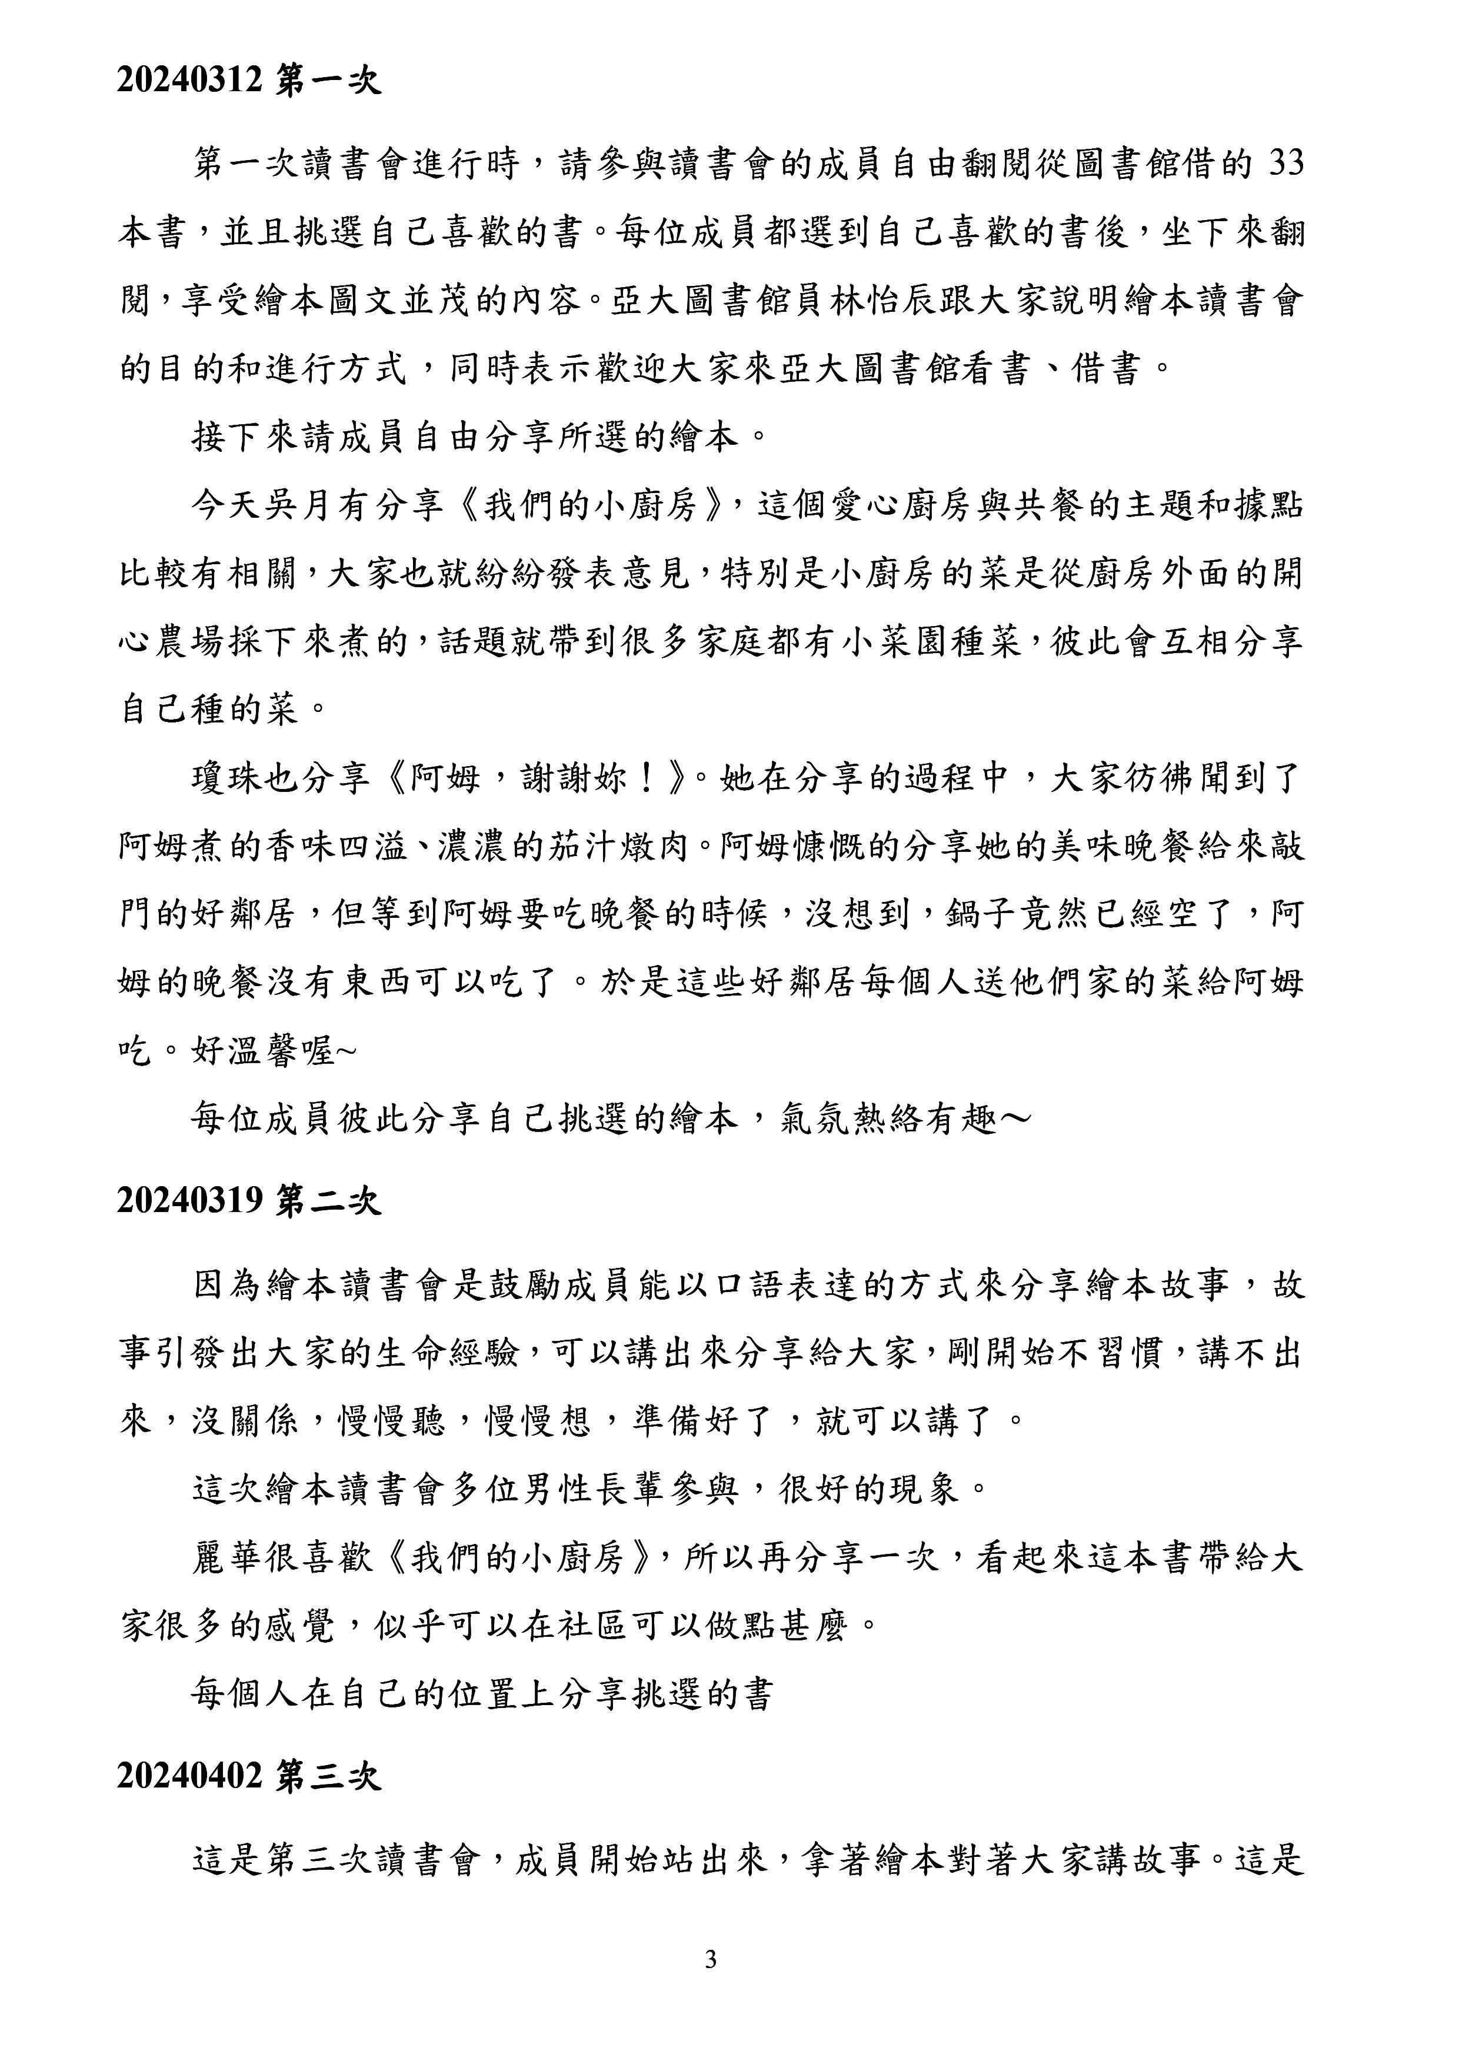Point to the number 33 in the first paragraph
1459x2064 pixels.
tap(1284, 165)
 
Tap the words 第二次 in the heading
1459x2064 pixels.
tap(329, 1203)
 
